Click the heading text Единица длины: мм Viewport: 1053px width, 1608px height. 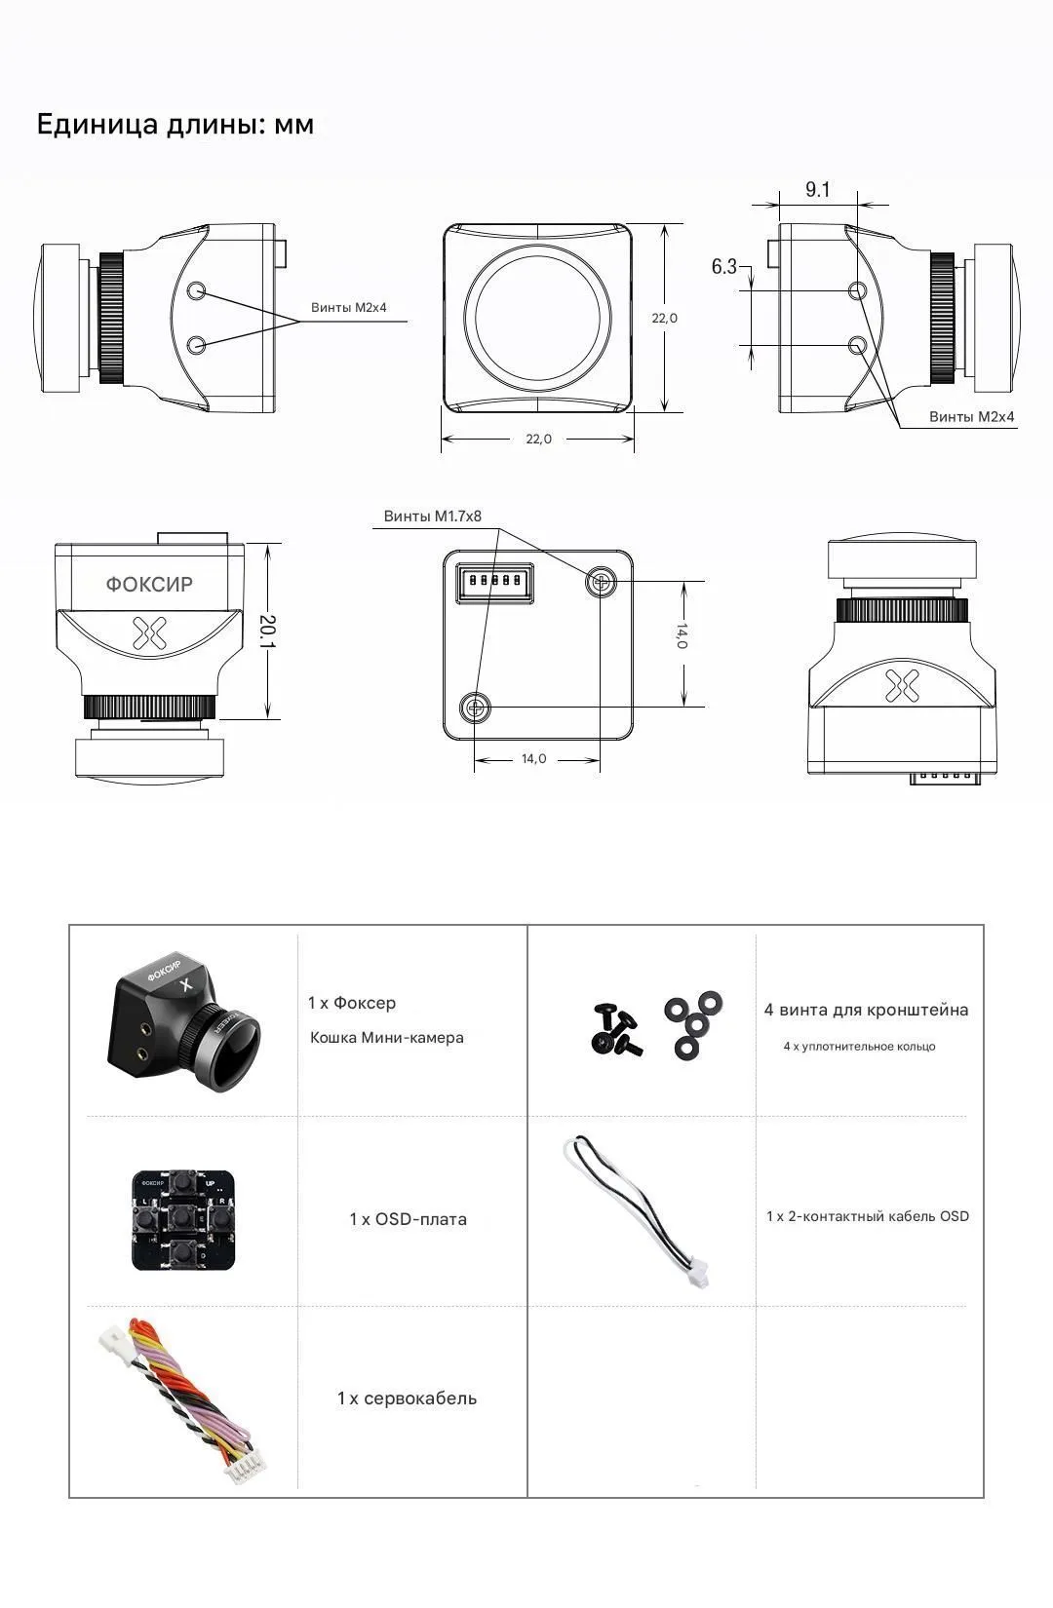click(175, 125)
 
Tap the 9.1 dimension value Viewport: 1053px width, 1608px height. click(818, 189)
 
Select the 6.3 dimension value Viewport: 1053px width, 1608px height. click(724, 267)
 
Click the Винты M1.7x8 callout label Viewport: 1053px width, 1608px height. click(432, 517)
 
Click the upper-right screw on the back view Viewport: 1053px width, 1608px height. click(601, 583)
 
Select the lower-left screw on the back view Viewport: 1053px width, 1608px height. click(476, 708)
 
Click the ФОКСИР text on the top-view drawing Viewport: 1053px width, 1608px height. click(149, 584)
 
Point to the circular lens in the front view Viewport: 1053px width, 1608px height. click(537, 317)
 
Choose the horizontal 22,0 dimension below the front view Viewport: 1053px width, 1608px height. click(539, 440)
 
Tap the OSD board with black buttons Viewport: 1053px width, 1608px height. click(184, 1218)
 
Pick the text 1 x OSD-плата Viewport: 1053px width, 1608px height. click(408, 1219)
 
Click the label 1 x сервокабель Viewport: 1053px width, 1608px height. click(407, 1398)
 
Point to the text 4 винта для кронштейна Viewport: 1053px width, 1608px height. click(866, 1010)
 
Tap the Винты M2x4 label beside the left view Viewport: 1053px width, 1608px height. click(349, 307)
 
